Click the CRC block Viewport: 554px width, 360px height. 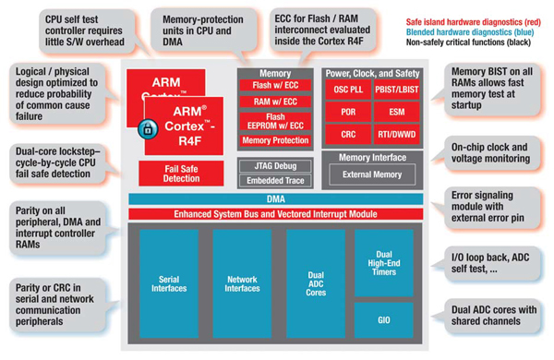(x=347, y=137)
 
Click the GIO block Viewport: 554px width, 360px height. (x=383, y=318)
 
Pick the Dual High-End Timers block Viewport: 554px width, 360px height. (x=383, y=260)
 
